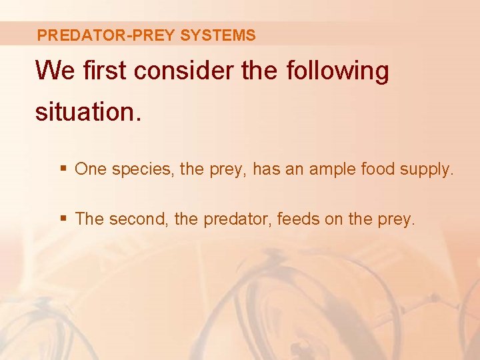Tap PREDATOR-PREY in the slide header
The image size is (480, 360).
tap(107, 35)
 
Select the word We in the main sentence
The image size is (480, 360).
tap(55, 71)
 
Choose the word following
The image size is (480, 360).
tap(337, 71)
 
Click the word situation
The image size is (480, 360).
tap(88, 111)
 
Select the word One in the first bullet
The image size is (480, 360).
tap(91, 169)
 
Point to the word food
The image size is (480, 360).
tap(378, 169)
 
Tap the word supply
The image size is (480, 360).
tap(427, 169)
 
